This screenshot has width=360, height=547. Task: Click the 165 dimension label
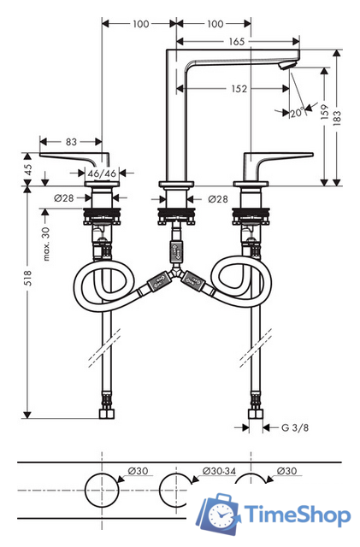pos(236,42)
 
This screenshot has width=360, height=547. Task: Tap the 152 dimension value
pos(239,89)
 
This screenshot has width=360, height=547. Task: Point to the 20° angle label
pos(298,113)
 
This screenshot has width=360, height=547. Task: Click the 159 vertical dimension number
pos(324,112)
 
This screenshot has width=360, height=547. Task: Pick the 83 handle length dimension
pos(71,142)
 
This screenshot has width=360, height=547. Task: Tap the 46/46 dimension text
pos(102,174)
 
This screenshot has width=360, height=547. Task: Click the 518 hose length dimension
pos(27,278)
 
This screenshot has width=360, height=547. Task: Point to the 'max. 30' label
pos(46,244)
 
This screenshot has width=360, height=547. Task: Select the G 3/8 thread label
pos(295,427)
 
